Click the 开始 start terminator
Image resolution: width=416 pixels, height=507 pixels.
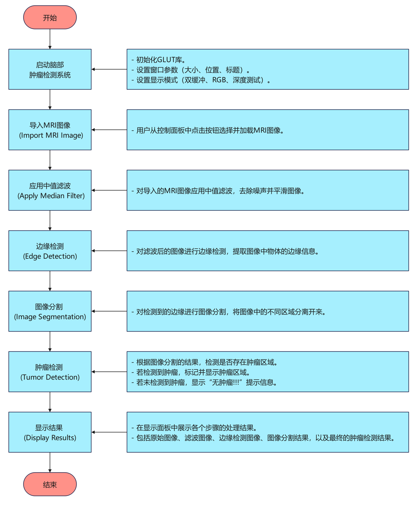[x=50, y=17]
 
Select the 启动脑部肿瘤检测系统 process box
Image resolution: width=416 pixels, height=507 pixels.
[x=50, y=69]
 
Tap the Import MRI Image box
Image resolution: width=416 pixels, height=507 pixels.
[x=50, y=130]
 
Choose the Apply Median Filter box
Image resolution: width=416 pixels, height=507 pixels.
[x=50, y=190]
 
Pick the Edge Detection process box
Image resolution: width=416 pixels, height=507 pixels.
[x=50, y=251]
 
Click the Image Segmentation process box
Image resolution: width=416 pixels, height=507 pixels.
[x=50, y=311]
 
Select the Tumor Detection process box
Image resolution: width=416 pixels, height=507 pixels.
[x=50, y=372]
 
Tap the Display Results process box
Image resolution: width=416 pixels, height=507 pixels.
[x=50, y=432]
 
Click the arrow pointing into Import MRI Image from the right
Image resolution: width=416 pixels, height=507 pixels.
[x=109, y=130]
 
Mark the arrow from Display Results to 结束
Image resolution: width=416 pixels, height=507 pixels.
[x=50, y=462]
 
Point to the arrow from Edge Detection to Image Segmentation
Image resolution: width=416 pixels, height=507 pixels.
[x=50, y=281]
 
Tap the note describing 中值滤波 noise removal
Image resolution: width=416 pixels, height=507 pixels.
[x=267, y=191]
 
